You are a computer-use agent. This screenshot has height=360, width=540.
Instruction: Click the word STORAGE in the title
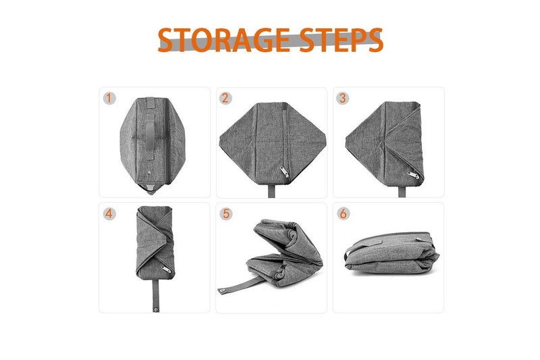pyautogui.click(x=224, y=40)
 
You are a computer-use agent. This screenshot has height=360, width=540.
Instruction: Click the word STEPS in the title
pyautogui.click(x=341, y=40)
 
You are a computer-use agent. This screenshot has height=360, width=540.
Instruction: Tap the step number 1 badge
pyautogui.click(x=109, y=98)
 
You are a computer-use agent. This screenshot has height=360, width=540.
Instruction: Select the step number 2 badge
pyautogui.click(x=225, y=98)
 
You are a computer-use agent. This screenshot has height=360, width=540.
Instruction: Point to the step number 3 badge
pyautogui.click(x=343, y=98)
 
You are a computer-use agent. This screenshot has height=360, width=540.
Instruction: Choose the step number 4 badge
pyautogui.click(x=109, y=214)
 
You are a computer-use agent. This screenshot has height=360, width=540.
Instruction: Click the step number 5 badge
pyautogui.click(x=226, y=214)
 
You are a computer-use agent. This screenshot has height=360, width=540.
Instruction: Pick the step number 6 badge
pyautogui.click(x=344, y=214)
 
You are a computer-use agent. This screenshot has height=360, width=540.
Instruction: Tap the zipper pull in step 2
pyautogui.click(x=284, y=172)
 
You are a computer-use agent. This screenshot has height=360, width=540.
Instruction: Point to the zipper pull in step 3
pyautogui.click(x=414, y=175)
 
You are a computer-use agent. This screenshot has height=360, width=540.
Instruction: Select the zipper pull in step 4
pyautogui.click(x=165, y=269)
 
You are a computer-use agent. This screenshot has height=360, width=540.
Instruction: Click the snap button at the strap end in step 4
pyautogui.click(x=156, y=309)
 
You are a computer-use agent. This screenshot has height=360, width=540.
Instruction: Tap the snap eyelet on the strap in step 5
pyautogui.click(x=222, y=290)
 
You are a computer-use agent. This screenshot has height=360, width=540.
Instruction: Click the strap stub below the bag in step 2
pyautogui.click(x=272, y=191)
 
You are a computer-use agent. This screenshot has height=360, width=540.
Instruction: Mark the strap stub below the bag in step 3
pyautogui.click(x=402, y=192)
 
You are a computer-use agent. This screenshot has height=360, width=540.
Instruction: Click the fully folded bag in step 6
pyautogui.click(x=392, y=253)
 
